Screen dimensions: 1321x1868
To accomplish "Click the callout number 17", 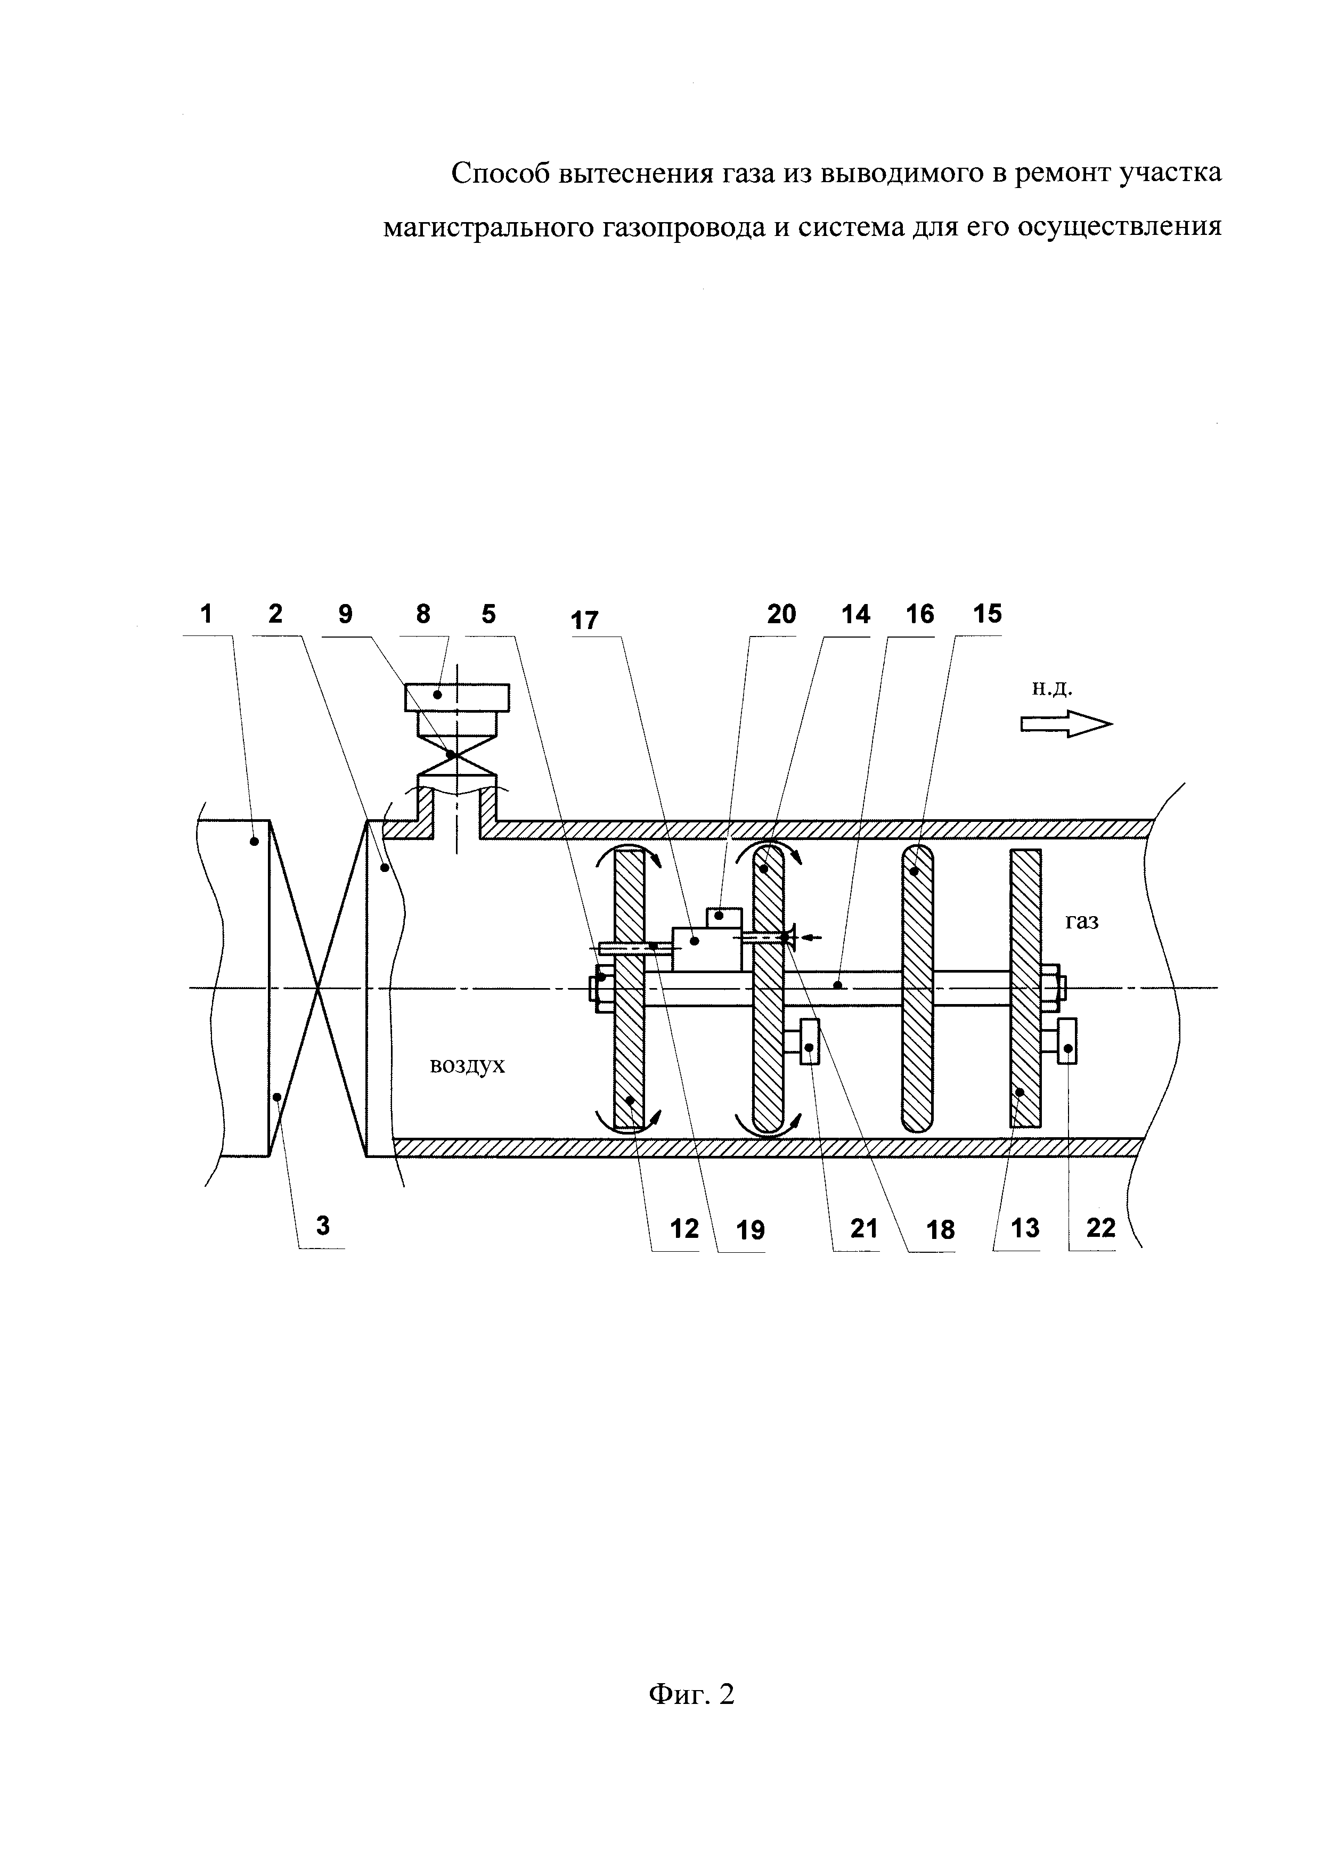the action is [585, 621].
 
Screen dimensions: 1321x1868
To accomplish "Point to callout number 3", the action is [323, 1225].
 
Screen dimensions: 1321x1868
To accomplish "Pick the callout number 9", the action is [346, 614].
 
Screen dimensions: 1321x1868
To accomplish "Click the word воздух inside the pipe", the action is [467, 1066].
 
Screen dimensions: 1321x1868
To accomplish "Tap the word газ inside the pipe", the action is [1082, 922].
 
